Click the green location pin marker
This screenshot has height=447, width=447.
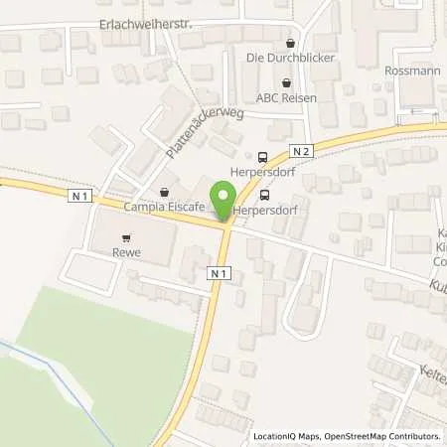click(x=225, y=199)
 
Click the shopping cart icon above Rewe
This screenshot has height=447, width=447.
click(x=125, y=238)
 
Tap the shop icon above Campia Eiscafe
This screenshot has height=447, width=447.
click(x=165, y=192)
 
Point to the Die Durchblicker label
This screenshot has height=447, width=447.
click(x=290, y=59)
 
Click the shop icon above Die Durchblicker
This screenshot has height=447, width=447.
click(x=290, y=44)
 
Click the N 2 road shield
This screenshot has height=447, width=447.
click(x=302, y=149)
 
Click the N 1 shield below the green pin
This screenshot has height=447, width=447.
click(x=221, y=271)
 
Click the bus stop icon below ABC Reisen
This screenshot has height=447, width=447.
click(x=262, y=156)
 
